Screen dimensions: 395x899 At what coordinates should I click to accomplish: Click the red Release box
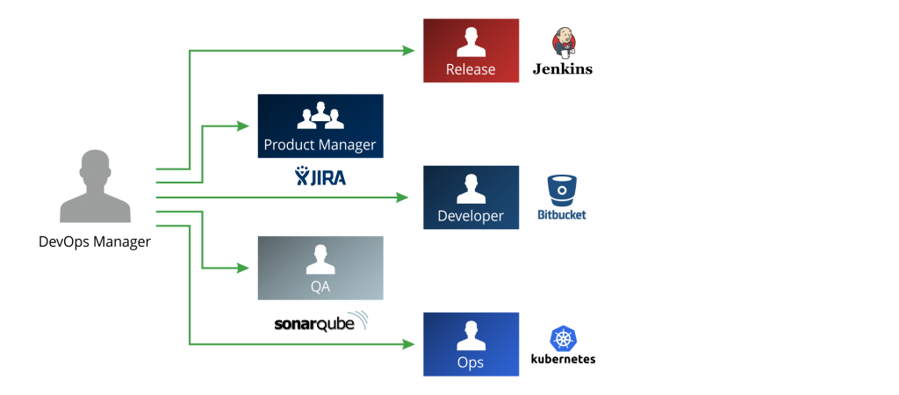coord(471,51)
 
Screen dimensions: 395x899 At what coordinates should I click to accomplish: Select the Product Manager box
coord(320,126)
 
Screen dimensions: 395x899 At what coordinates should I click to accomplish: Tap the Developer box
coord(471,197)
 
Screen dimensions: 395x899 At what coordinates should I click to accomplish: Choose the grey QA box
coord(320,268)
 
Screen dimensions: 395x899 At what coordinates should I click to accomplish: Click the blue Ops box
coord(471,344)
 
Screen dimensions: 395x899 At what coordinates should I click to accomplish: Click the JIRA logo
coord(320,176)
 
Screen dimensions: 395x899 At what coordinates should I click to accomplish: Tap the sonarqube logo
coord(320,322)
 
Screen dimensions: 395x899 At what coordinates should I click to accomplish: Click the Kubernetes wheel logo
coord(563,339)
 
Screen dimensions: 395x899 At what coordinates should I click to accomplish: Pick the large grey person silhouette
coord(95,186)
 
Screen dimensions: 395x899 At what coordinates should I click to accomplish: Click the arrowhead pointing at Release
coord(409,51)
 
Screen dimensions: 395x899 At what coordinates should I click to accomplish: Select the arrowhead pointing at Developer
coord(404,197)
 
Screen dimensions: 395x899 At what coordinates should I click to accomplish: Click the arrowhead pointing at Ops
coord(409,344)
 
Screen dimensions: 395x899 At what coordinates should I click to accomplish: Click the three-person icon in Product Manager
coord(320,117)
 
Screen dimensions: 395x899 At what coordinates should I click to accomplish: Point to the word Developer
coord(471,216)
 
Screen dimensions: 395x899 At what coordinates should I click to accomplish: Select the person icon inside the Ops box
coord(471,335)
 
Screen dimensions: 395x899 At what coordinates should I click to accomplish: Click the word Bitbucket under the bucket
coord(562,214)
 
